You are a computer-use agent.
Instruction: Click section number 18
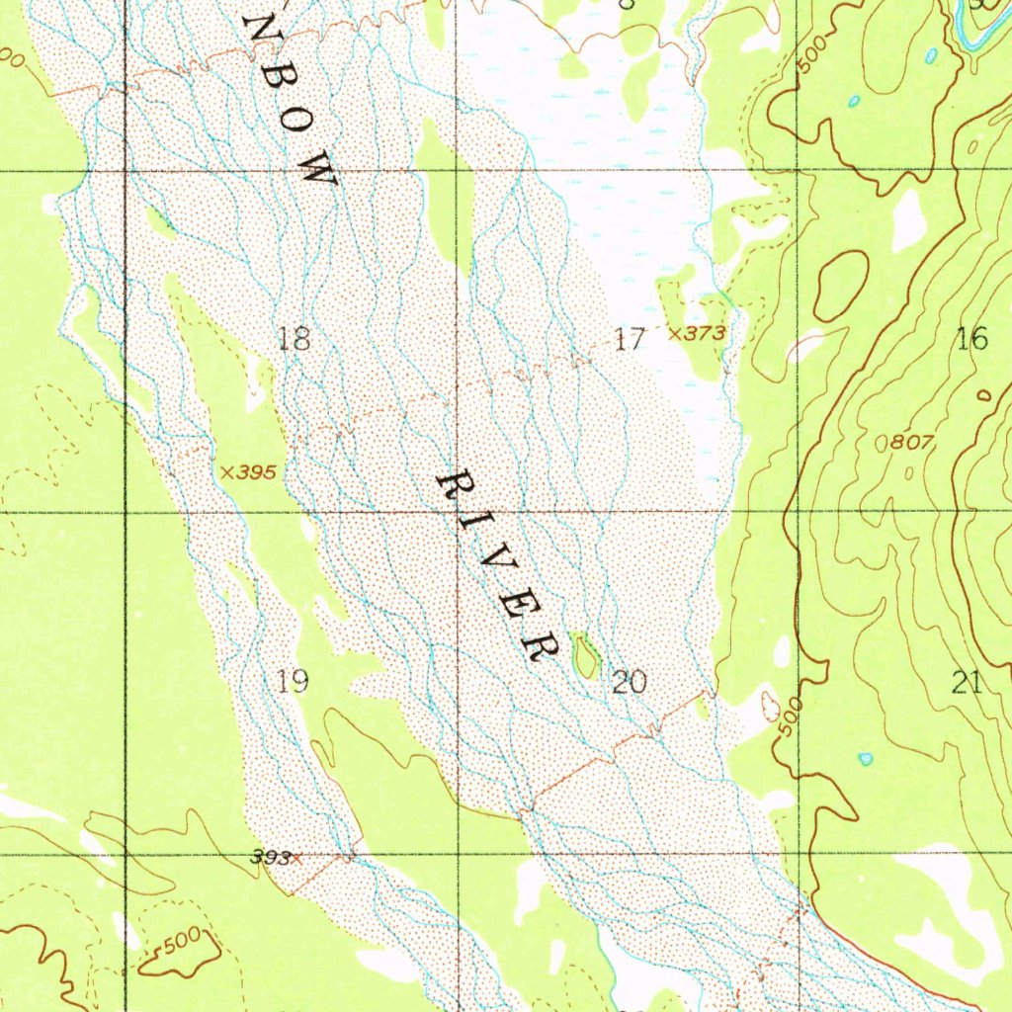[x=294, y=340]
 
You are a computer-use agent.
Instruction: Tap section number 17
[x=629, y=341]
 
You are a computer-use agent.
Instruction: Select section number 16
[x=972, y=340]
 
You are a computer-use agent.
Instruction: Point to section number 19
[x=293, y=680]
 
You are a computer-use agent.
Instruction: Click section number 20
[x=630, y=682]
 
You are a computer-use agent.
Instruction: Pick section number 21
[x=967, y=682]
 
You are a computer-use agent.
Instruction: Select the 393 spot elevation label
[x=270, y=858]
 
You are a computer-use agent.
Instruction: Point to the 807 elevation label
[x=911, y=444]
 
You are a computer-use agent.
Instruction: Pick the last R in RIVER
[x=541, y=645]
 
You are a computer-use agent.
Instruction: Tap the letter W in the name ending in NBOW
[x=318, y=172]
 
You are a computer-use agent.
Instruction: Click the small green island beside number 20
[x=585, y=655]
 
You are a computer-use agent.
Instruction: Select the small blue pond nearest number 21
[x=866, y=758]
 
